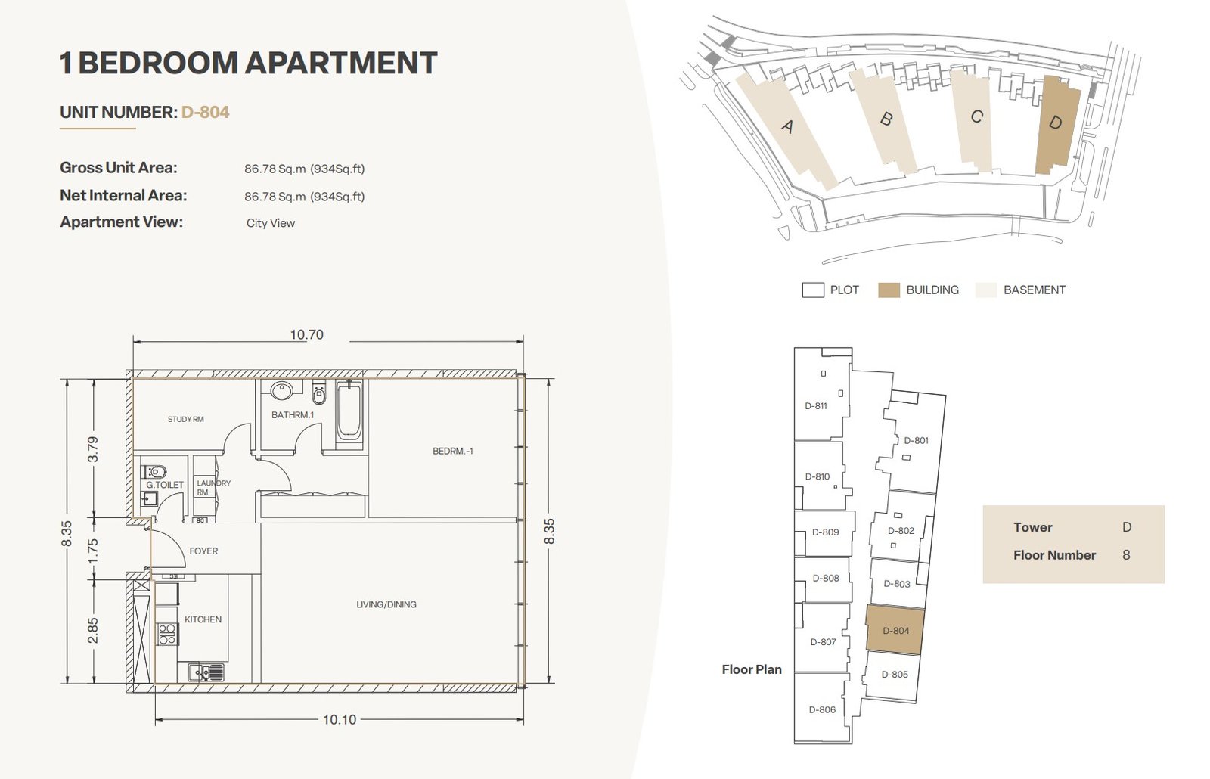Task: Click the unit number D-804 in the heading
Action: coord(205,113)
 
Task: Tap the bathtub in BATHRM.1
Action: coord(349,411)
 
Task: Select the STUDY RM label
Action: coord(186,419)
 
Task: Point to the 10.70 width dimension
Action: coord(307,334)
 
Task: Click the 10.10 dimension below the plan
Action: coord(340,719)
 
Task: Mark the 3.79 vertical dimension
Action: coord(93,449)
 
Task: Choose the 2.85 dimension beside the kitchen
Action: coord(93,631)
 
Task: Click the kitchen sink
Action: coord(206,672)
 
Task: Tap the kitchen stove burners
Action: coord(167,635)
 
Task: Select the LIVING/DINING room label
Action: coord(386,604)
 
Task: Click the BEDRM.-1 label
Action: coord(453,451)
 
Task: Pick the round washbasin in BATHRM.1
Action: coord(281,390)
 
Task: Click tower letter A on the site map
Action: coord(787,126)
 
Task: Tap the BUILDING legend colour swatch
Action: coord(889,290)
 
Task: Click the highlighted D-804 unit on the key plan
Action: coord(895,631)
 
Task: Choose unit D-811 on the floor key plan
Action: coord(816,406)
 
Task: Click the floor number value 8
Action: coord(1126,555)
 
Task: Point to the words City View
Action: coord(271,223)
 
